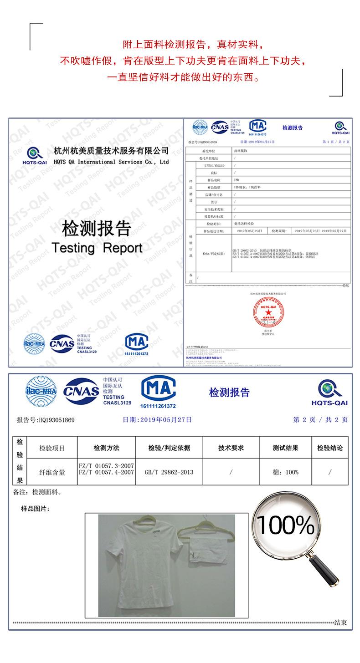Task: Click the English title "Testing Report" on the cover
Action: (97, 248)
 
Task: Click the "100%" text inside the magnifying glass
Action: (286, 526)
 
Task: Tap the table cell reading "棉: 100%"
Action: (285, 472)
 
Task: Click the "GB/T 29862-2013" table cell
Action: (169, 472)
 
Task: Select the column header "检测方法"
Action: (106, 448)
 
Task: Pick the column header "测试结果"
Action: (285, 448)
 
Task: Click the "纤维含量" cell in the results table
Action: (52, 472)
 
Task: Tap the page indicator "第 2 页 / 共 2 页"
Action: (320, 420)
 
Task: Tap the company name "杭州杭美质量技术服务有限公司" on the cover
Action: (111, 151)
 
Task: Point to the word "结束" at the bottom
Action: (340, 622)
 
